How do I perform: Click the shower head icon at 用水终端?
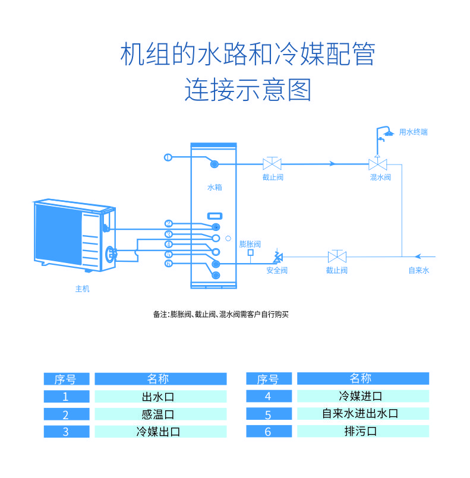(386, 132)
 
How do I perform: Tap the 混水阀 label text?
(380, 177)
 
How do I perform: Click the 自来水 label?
(418, 270)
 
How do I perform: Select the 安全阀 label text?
(276, 270)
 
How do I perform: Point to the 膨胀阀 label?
(250, 243)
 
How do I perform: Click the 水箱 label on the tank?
(214, 187)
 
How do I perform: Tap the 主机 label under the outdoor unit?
(82, 289)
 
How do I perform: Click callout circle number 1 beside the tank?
(168, 157)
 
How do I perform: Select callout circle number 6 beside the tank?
(169, 263)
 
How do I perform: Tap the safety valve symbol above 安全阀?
(277, 257)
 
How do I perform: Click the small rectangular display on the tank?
(214, 216)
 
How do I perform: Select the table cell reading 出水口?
(160, 397)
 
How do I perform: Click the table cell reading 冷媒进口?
(362, 396)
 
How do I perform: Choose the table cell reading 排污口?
(362, 432)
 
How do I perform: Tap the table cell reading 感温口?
(160, 414)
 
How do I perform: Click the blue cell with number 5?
(267, 414)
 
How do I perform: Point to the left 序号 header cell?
(66, 379)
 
